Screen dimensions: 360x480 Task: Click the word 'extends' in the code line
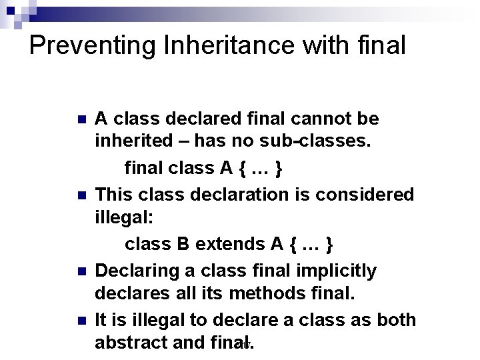tap(234, 245)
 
